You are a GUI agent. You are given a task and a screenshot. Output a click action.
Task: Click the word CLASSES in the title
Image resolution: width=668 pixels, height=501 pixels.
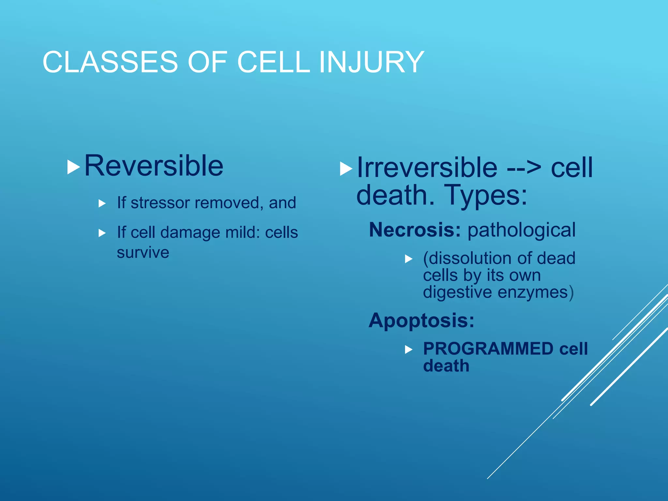click(110, 62)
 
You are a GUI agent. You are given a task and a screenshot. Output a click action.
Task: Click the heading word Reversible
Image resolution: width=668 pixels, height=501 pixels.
click(154, 166)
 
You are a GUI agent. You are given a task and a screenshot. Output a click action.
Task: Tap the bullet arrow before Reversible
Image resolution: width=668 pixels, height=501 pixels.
click(73, 167)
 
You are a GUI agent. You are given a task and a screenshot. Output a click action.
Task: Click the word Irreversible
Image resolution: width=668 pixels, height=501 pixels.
click(427, 168)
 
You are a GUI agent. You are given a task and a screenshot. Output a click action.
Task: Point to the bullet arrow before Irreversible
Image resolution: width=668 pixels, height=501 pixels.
click(346, 169)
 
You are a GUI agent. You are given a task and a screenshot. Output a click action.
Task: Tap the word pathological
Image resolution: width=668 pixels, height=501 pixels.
click(521, 230)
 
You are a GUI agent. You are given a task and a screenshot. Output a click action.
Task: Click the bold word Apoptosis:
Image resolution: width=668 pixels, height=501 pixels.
click(421, 320)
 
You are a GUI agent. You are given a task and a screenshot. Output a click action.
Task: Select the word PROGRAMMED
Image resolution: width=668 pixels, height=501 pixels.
click(488, 349)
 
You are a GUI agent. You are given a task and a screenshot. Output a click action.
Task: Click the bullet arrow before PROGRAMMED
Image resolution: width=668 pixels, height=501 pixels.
click(408, 350)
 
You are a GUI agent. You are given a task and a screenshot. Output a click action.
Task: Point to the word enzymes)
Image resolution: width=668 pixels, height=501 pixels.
click(535, 292)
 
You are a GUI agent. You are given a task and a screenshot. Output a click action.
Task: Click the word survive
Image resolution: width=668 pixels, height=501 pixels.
click(143, 253)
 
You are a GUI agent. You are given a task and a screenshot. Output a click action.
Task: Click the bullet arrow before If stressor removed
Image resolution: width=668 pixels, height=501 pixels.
click(102, 204)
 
